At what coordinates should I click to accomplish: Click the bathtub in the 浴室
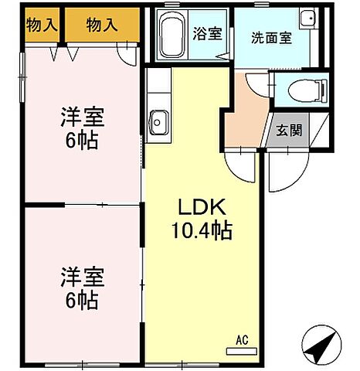(x=172, y=36)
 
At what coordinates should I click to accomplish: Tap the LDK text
(x=202, y=206)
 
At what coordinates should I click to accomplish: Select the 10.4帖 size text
(x=202, y=230)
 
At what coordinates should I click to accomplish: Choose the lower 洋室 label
(x=83, y=276)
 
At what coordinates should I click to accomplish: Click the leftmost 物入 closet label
(x=42, y=25)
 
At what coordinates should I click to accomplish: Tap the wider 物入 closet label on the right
(x=102, y=25)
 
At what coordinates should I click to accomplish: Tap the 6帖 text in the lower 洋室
(x=82, y=299)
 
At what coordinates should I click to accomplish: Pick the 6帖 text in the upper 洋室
(x=82, y=142)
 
